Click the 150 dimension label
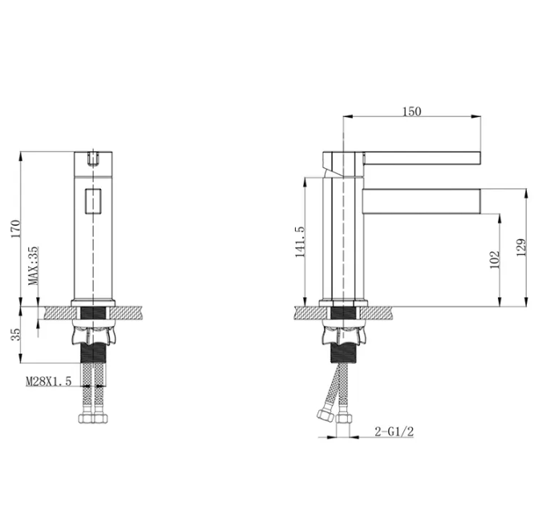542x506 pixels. click(411, 111)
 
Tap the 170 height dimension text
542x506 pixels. click(16, 228)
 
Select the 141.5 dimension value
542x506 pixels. click(300, 242)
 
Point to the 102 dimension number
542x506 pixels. click(495, 259)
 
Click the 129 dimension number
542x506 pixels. click(521, 247)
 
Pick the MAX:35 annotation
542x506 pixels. click(34, 266)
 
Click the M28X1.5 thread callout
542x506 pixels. click(49, 381)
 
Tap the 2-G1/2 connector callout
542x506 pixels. click(394, 432)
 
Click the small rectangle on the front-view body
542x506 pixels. click(93, 201)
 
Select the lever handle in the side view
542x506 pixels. click(422, 158)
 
